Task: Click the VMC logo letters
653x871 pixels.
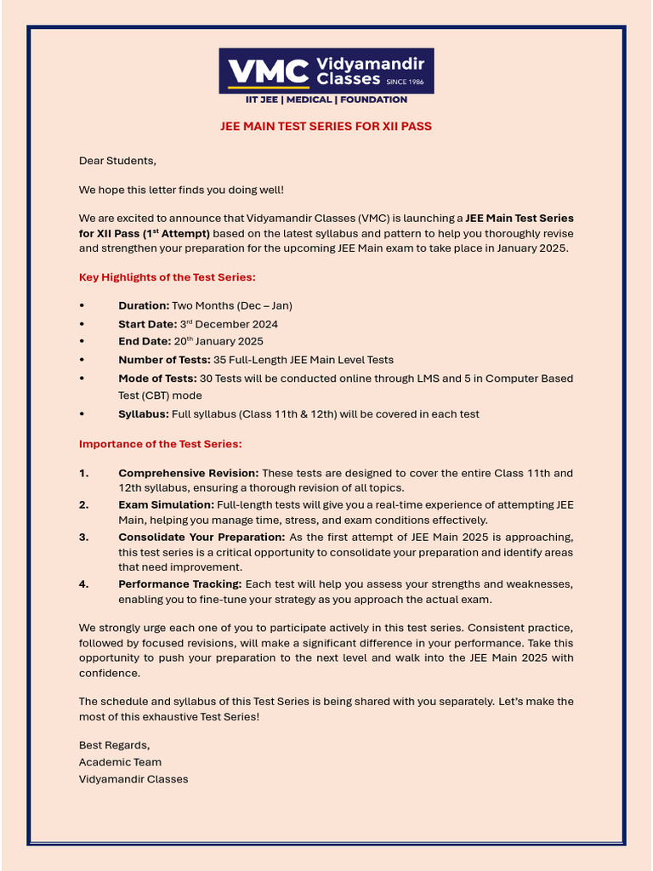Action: pyautogui.click(x=266, y=71)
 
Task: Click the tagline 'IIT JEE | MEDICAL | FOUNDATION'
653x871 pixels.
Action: pyautogui.click(x=326, y=100)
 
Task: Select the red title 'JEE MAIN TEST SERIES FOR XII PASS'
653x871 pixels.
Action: pyautogui.click(x=326, y=126)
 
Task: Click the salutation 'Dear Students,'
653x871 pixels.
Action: pyautogui.click(x=118, y=160)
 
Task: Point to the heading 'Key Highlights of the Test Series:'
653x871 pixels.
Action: pyautogui.click(x=168, y=276)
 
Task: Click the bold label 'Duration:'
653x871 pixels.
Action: pyautogui.click(x=144, y=305)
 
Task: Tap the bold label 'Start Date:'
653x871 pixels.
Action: pyautogui.click(x=148, y=324)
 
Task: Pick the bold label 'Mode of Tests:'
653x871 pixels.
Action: pyautogui.click(x=157, y=378)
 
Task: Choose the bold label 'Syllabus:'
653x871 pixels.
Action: pyautogui.click(x=144, y=414)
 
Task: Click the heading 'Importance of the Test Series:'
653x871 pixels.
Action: pyautogui.click(x=161, y=443)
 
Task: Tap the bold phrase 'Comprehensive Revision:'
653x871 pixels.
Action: pyautogui.click(x=189, y=473)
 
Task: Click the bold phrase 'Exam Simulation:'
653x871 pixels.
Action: pyautogui.click(x=167, y=504)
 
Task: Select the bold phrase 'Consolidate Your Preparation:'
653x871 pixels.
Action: pyautogui.click(x=202, y=537)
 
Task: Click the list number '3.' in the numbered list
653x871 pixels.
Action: pyautogui.click(x=84, y=537)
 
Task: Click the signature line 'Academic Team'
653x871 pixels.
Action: pyautogui.click(x=120, y=762)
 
